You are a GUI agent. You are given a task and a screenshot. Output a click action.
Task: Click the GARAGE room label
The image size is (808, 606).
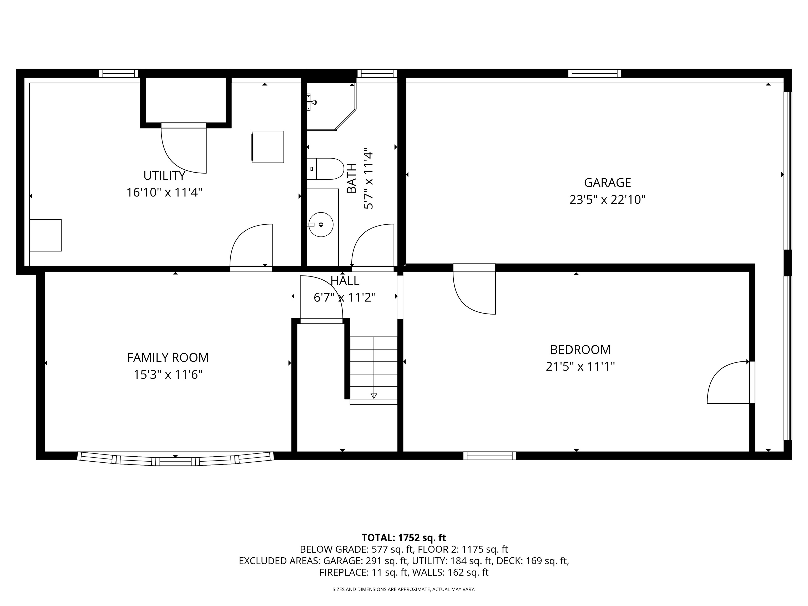[608, 182]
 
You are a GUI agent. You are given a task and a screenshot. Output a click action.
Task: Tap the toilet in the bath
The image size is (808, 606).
[325, 169]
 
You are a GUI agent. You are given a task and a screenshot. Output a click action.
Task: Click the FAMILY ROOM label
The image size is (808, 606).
[168, 357]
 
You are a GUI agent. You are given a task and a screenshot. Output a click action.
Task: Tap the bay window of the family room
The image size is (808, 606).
[175, 459]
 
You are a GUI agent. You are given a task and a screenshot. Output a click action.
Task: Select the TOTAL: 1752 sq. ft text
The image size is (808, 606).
[404, 538]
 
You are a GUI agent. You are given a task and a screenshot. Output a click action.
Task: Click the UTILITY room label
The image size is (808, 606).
[164, 176]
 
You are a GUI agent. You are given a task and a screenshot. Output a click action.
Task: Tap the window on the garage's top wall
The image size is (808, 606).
[594, 73]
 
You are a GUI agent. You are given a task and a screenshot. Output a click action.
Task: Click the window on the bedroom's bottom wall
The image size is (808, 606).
[489, 456]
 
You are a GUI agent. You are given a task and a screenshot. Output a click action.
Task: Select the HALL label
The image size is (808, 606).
[345, 281]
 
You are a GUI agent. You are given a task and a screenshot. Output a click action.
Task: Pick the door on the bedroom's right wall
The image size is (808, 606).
[731, 382]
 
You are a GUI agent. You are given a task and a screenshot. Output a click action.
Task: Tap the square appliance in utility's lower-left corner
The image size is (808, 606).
[45, 235]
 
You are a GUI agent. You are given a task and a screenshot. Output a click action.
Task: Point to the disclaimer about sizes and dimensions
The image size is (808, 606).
[404, 589]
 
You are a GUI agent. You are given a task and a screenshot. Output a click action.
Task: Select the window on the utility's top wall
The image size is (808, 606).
[119, 73]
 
